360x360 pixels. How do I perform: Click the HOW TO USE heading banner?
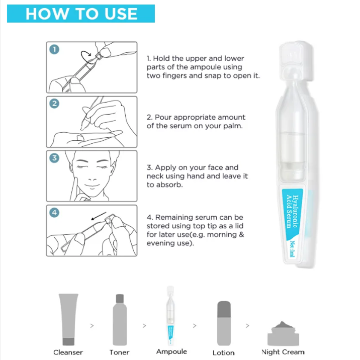(81, 14)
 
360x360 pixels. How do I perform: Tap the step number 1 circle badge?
(54, 49)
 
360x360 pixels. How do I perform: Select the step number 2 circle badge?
(54, 104)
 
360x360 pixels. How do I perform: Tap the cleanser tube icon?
(68, 318)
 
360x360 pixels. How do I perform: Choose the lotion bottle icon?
(223, 322)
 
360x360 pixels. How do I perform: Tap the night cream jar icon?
(282, 331)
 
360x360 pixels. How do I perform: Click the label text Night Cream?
(283, 352)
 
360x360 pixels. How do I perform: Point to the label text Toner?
(119, 352)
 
